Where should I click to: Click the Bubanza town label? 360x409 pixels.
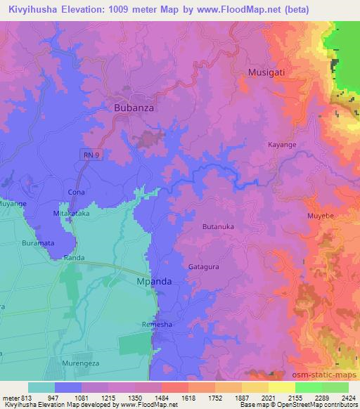134,108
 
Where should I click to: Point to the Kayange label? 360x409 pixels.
283,145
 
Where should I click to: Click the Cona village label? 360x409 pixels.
76,192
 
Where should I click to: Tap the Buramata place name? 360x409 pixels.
37,242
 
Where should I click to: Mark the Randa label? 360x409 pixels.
75,258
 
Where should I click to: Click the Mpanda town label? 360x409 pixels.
153,281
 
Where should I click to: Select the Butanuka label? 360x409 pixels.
218,226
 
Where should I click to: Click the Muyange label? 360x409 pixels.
13,203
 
